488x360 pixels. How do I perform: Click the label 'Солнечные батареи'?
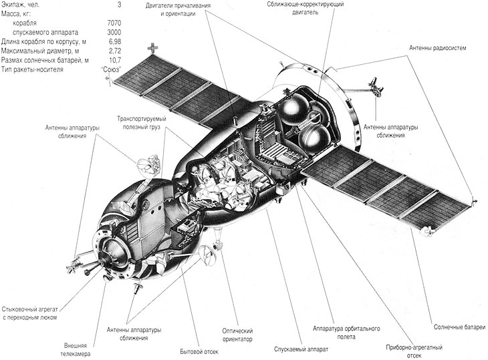point(459,327)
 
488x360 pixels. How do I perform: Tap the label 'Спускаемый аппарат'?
point(301,349)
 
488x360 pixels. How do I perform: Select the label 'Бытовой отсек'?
point(199,351)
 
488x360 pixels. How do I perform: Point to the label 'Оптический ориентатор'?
point(237,335)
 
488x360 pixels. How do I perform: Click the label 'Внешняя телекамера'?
point(76,349)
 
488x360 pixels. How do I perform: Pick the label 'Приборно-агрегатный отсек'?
point(414,351)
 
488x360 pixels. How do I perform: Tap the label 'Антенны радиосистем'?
point(438,48)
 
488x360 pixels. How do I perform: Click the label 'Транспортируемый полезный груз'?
point(142,123)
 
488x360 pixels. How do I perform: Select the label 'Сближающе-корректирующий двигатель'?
point(306,9)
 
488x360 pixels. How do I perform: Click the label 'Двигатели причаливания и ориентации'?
point(178,9)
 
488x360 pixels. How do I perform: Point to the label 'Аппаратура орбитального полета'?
point(346,333)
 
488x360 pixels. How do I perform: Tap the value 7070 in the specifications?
point(114,23)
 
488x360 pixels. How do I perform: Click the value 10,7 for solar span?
point(115,60)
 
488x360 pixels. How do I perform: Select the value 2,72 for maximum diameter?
point(115,51)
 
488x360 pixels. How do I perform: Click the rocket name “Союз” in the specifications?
point(112,69)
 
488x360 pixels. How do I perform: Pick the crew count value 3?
point(120,5)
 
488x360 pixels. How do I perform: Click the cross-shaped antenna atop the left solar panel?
point(153,47)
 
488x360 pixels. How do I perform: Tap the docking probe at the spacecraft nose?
point(94,265)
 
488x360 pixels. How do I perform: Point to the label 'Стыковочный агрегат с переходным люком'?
point(30,313)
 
